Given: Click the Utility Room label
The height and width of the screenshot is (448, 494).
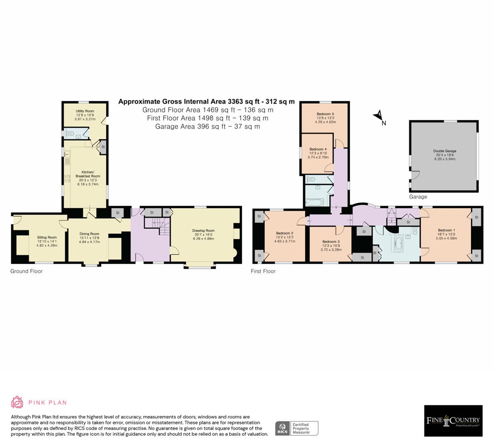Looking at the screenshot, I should (x=85, y=111).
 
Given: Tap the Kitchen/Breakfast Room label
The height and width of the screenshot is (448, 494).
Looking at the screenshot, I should (x=88, y=174).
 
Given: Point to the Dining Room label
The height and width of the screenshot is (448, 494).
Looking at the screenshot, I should (x=90, y=234).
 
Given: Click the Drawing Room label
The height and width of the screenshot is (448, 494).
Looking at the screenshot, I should (x=203, y=231).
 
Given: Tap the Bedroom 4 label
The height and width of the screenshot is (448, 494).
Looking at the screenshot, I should (x=318, y=149).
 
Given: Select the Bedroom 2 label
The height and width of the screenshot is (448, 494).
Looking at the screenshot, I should (x=285, y=234).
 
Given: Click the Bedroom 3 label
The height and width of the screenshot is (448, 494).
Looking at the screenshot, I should (x=331, y=242).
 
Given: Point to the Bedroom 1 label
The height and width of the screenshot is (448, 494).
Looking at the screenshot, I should (x=446, y=231).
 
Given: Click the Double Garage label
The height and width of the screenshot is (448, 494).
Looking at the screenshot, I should (x=445, y=151).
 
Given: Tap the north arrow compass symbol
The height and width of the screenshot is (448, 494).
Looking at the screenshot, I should (x=379, y=117).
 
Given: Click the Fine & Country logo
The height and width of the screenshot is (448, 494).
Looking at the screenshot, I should (x=453, y=421).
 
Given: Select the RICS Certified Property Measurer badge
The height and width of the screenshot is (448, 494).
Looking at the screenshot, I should (x=297, y=428).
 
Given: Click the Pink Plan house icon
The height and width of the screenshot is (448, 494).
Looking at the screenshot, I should (x=17, y=402).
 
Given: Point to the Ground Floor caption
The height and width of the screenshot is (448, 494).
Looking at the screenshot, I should (x=27, y=271).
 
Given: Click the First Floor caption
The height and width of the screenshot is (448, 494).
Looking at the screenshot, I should (x=263, y=271).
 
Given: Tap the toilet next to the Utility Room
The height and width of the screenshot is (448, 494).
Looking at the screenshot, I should (x=71, y=134).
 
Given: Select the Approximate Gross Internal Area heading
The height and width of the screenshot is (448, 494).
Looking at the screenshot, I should (x=207, y=101).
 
